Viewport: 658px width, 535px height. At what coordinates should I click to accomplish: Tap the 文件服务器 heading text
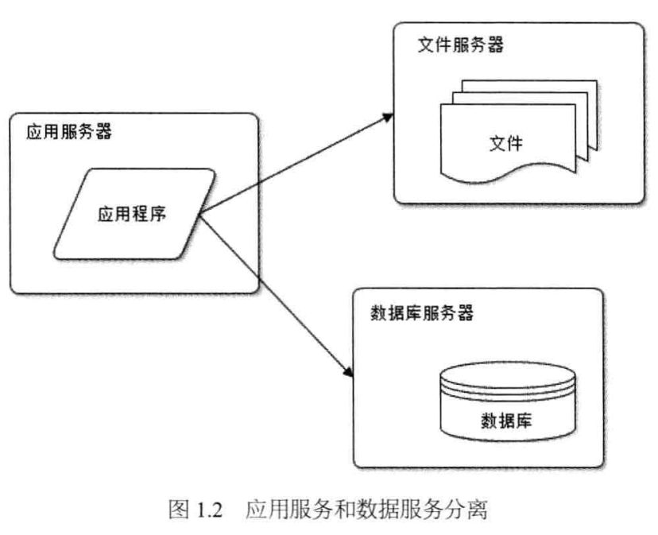(x=460, y=45)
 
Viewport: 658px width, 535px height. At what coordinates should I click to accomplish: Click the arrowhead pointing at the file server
(x=388, y=117)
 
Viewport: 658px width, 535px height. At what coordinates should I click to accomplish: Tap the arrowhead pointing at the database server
(x=347, y=371)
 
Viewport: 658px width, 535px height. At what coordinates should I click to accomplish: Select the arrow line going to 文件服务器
(x=294, y=165)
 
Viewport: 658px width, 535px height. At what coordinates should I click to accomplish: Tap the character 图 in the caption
(x=179, y=510)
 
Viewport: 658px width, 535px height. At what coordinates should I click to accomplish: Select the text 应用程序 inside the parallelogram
(x=132, y=213)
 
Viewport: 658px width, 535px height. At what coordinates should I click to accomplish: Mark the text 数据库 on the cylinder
(x=506, y=419)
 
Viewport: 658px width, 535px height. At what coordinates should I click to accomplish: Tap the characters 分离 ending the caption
(x=468, y=510)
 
